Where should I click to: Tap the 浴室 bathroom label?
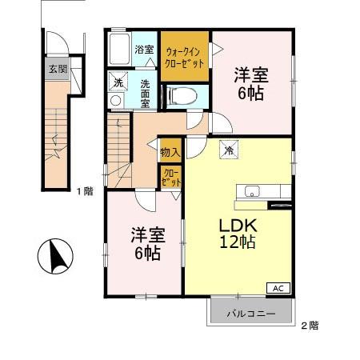(x=144, y=48)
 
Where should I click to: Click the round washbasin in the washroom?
(x=117, y=101)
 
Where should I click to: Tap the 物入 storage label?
(x=170, y=151)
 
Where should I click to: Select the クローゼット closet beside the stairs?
(x=170, y=177)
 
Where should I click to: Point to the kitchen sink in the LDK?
(x=251, y=190)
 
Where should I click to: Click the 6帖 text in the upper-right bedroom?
(x=250, y=93)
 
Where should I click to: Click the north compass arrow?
(x=57, y=258)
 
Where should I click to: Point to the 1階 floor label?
(x=84, y=190)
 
